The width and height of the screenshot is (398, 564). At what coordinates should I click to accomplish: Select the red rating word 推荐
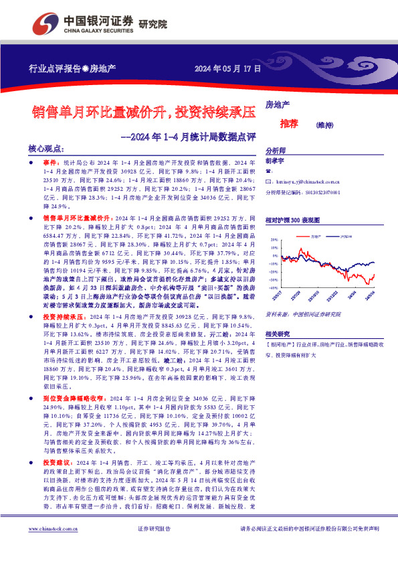click(290, 124)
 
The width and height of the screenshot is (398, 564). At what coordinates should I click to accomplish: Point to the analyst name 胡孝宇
click(276, 161)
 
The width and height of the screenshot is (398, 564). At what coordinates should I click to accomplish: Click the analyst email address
click(308, 181)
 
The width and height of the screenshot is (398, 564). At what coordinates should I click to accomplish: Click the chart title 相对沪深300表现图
click(294, 220)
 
